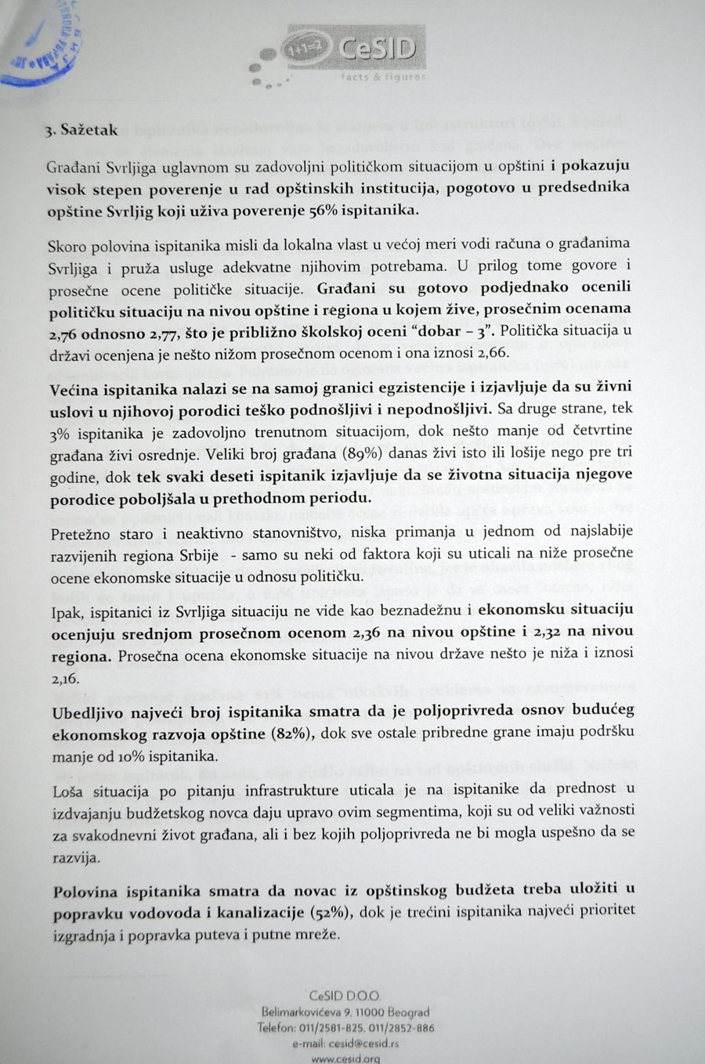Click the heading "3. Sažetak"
pos(81,130)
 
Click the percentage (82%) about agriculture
pos(292,734)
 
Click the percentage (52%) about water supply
pos(333,912)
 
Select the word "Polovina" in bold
pos(85,891)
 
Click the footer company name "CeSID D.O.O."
pos(345,997)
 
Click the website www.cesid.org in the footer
pos(345,1059)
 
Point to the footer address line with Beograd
pos(345,1012)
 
